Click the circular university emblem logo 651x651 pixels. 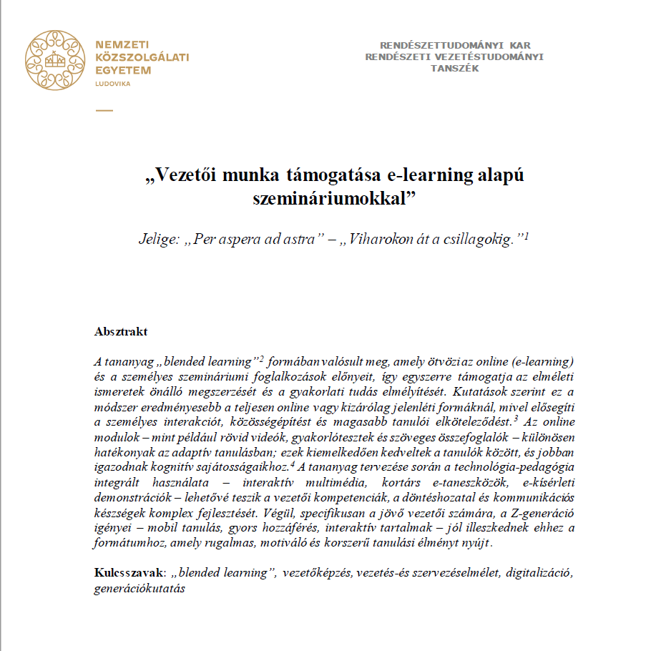pyautogui.click(x=56, y=60)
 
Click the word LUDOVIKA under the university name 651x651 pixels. pyautogui.click(x=113, y=84)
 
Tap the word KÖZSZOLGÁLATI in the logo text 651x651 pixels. pyautogui.click(x=142, y=58)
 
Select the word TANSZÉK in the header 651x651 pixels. pyautogui.click(x=454, y=69)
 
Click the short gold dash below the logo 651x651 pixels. pyautogui.click(x=104, y=110)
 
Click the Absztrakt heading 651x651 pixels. pyautogui.click(x=121, y=332)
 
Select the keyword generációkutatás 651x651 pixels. pyautogui.click(x=139, y=589)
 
